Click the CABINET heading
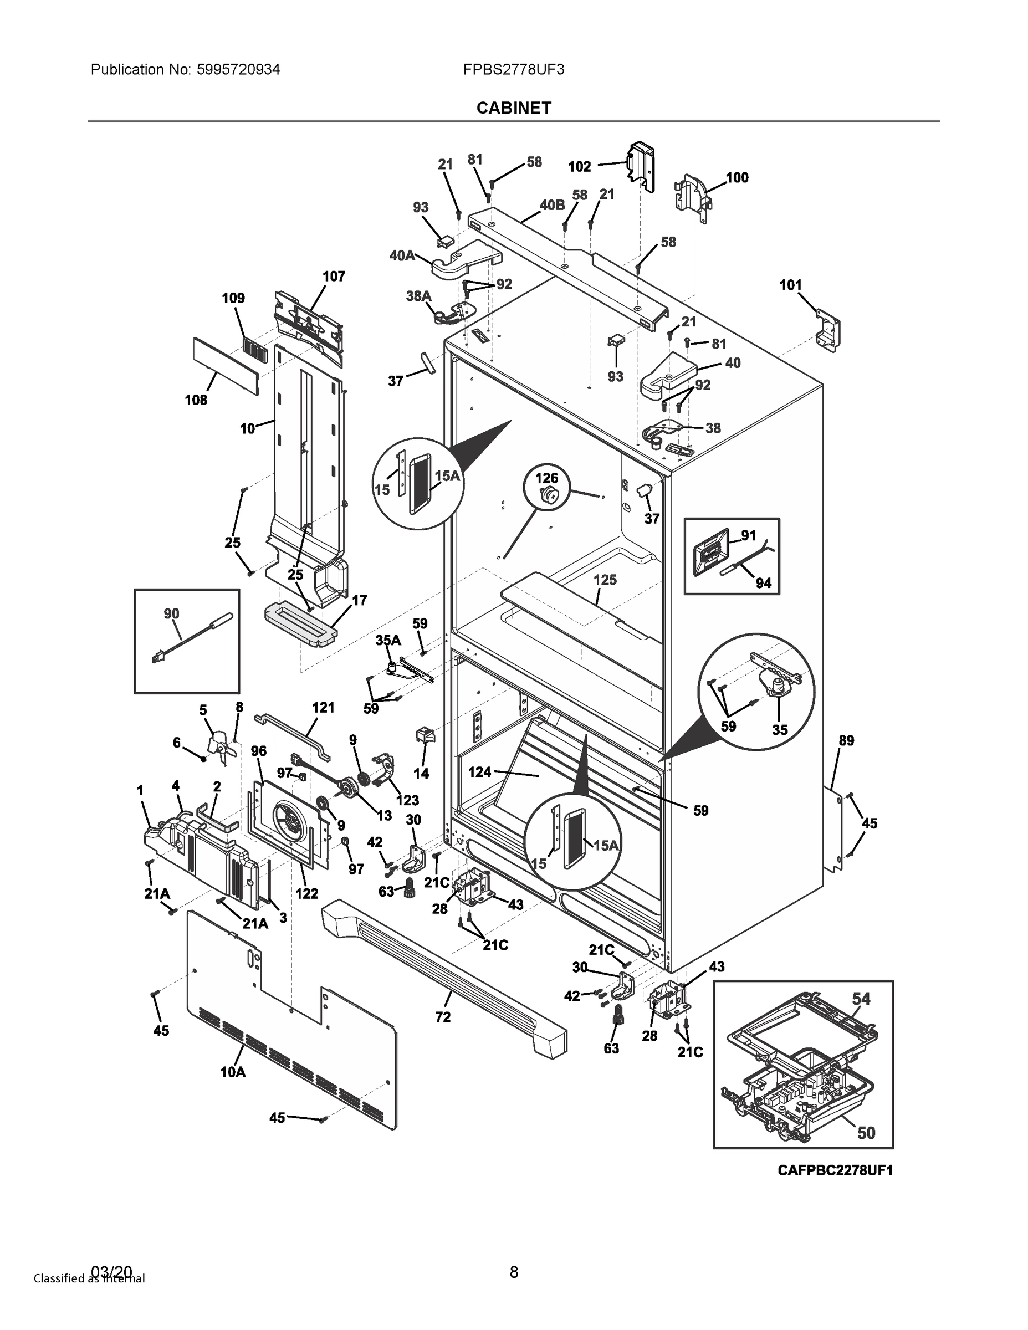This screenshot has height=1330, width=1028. pos(513,108)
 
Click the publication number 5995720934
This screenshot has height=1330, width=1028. pos(238,69)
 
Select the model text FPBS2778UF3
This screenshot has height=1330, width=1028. pos(513,69)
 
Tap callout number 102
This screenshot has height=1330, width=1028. pos(579,166)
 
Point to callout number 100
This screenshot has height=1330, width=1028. pos(737,177)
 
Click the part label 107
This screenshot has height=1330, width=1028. pos(334,277)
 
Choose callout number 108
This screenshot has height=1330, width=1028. pos(196,400)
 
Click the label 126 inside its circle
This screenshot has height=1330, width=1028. pos(547,478)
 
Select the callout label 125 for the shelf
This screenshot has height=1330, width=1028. pos(605,579)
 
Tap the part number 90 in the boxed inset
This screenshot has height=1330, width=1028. pos(172,613)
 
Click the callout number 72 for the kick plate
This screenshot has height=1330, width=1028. pos(443,1016)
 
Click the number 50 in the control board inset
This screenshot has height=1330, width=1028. pos(866,1132)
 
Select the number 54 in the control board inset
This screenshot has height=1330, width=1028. pos(861,998)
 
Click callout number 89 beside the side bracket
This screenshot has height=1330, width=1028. pos(847,740)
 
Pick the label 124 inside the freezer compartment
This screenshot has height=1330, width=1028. pos(479,771)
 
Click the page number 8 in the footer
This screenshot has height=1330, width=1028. pos(513,1272)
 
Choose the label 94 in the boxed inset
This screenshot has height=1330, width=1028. pos(763,583)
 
